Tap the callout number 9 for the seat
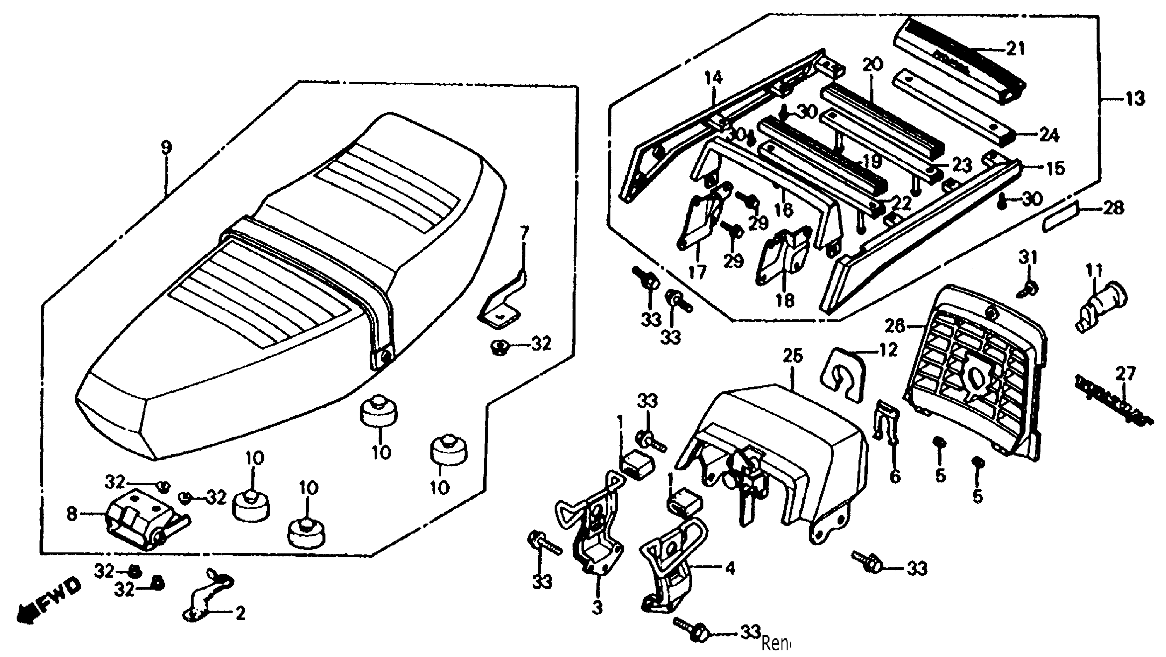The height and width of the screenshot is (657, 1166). click(167, 147)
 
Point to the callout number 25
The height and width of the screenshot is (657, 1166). click(792, 356)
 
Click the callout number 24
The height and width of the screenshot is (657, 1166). click(1048, 135)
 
